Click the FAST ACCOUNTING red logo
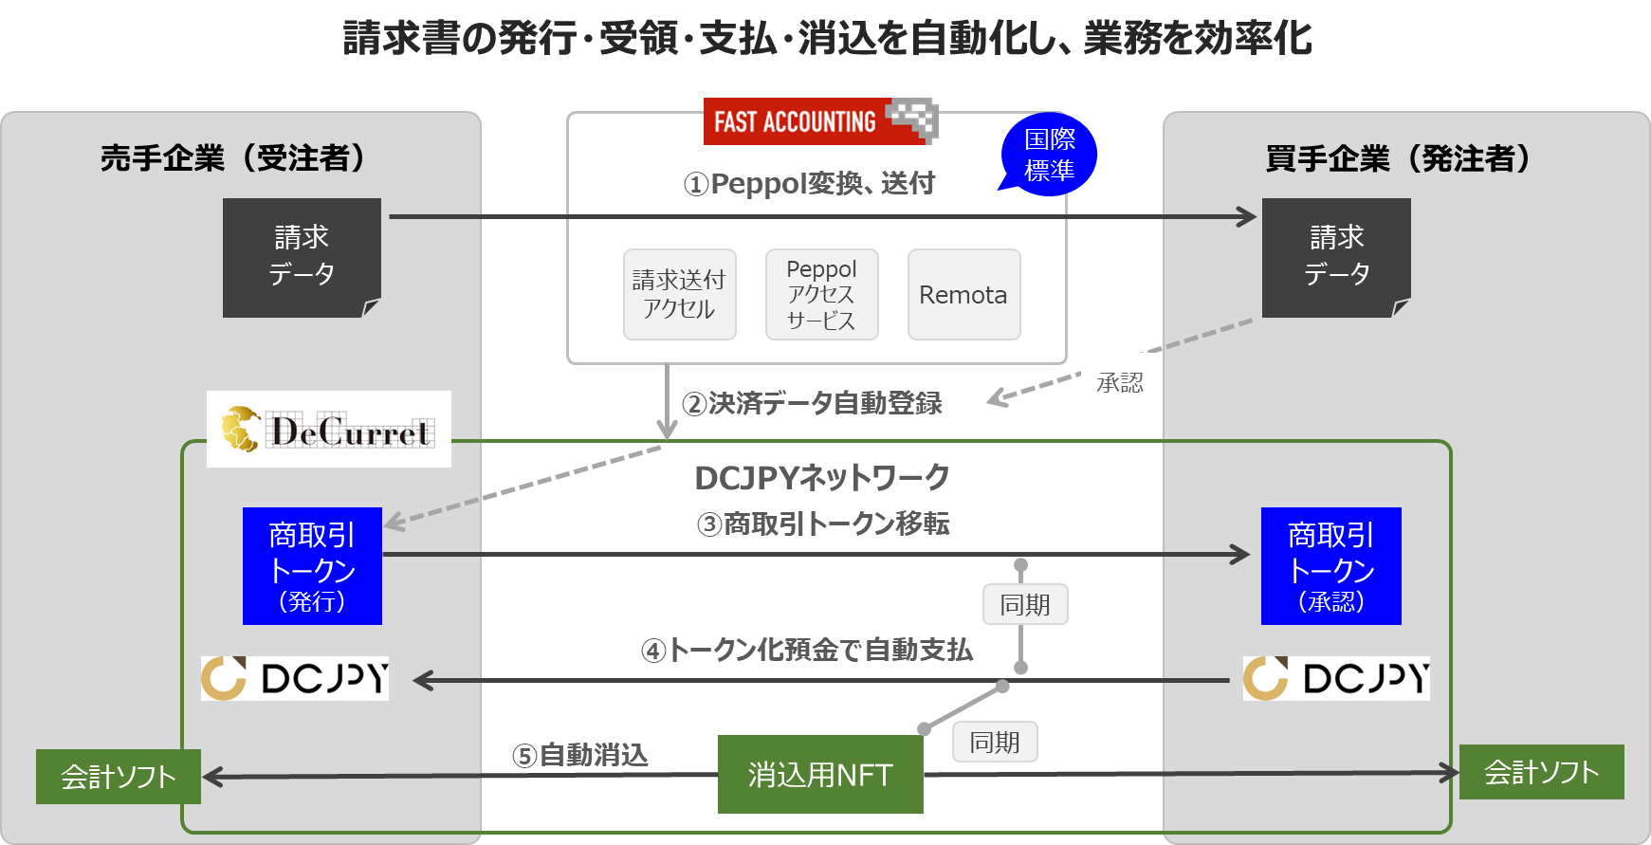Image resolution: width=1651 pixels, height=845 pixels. tap(820, 121)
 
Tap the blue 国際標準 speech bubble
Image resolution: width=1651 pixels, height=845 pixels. tap(1049, 155)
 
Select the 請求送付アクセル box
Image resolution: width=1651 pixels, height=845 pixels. tap(679, 294)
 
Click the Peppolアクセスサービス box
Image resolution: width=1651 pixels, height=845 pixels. tap(821, 294)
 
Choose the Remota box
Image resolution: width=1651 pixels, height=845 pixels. tap(963, 294)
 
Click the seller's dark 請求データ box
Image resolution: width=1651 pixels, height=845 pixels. tap(302, 257)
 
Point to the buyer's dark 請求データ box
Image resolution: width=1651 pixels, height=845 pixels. tap(1336, 257)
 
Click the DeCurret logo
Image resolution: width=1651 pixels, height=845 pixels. tap(329, 430)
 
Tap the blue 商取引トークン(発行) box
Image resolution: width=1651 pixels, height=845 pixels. tap(312, 566)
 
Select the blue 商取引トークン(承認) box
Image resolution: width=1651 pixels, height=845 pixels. tap(1330, 566)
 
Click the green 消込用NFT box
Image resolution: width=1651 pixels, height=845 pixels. tap(820, 774)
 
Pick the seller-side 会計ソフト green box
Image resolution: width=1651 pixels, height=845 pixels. tap(119, 777)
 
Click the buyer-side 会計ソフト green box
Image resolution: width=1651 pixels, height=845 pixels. tap(1541, 772)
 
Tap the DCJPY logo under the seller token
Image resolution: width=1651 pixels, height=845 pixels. tap(295, 678)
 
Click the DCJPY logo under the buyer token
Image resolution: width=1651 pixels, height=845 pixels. tap(1336, 678)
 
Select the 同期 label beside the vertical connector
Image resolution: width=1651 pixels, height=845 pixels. tap(1025, 604)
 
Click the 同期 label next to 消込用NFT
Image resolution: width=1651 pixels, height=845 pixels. tap(995, 742)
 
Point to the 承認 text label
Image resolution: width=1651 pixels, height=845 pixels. tap(1120, 382)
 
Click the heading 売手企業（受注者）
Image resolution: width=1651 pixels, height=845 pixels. tap(233, 157)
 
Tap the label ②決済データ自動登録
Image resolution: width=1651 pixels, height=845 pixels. tap(812, 403)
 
